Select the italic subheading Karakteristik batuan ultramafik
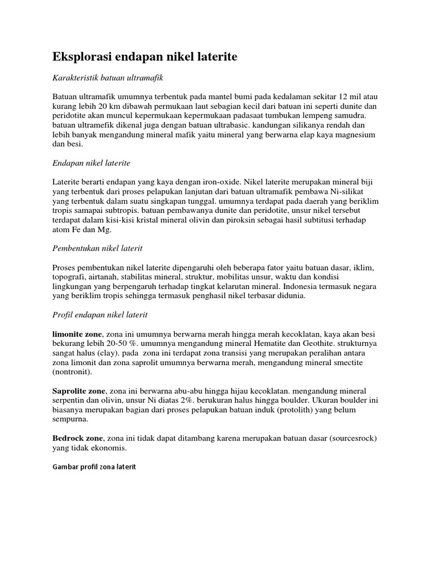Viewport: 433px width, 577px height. click(x=107, y=77)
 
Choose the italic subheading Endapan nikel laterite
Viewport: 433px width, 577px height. click(x=91, y=163)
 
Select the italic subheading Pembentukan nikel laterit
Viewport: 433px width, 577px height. click(x=98, y=248)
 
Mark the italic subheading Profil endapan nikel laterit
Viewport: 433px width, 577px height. click(x=100, y=315)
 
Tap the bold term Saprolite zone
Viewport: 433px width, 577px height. click(x=79, y=391)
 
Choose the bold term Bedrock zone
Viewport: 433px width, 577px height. click(x=78, y=438)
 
